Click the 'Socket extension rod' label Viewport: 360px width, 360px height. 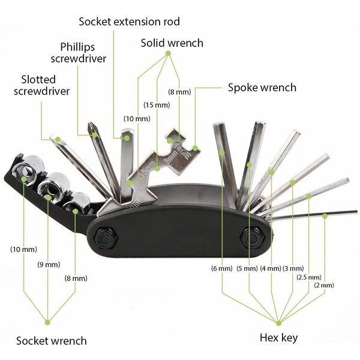click(x=129, y=22)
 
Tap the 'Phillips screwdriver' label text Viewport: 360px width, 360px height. click(x=79, y=53)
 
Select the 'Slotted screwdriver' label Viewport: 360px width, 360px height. click(x=41, y=85)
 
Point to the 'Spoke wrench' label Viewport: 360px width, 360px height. click(x=262, y=88)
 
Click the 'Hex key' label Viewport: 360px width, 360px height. click(x=279, y=338)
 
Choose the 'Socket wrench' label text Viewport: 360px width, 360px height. click(x=52, y=341)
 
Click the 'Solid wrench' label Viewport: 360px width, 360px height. click(x=172, y=43)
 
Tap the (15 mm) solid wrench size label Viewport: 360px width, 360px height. click(x=157, y=105)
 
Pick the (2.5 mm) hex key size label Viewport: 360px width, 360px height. click(x=309, y=277)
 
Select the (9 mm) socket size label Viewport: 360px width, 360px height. click(x=49, y=265)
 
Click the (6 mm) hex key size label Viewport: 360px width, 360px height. click(x=222, y=268)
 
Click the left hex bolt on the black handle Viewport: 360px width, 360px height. click(x=106, y=238)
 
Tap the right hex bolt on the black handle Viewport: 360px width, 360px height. click(x=252, y=237)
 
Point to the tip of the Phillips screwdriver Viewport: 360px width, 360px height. click(x=91, y=124)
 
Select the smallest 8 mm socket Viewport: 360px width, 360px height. click(x=77, y=203)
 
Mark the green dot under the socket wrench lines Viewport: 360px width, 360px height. click(x=47, y=322)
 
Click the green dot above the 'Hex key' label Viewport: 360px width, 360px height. click(x=279, y=323)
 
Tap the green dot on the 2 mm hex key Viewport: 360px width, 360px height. click(x=325, y=216)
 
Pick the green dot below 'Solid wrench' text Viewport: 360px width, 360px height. click(x=168, y=53)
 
